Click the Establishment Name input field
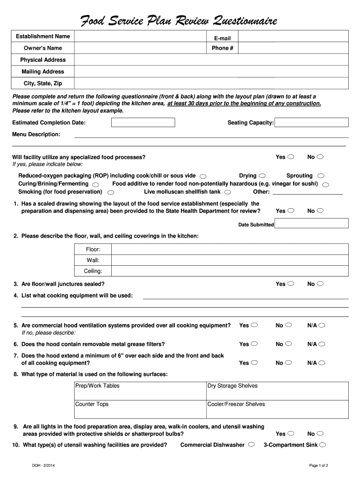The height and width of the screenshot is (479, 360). pos(140,36)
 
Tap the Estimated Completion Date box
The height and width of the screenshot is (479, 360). pos(143,123)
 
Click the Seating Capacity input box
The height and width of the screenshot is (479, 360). pos(311,123)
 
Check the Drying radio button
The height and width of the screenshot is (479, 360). pos(262,176)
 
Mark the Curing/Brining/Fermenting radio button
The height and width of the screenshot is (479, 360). pos(95,184)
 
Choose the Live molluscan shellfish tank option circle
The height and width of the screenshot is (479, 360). pos(227,192)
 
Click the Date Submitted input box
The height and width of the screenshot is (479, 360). pos(311,225)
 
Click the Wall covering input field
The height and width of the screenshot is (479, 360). pos(230,260)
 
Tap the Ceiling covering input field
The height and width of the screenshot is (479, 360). pos(230,271)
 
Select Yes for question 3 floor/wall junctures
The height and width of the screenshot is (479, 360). pos(291,284)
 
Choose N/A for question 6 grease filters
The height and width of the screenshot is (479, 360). pos(322,344)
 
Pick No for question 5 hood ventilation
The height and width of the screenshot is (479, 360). pos(288,326)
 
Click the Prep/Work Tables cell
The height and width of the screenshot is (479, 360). pos(140,391)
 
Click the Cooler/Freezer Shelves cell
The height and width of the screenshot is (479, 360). pos(277,409)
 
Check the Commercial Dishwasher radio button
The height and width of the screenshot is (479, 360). pos(252,445)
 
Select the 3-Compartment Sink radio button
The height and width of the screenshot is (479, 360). pos(323,445)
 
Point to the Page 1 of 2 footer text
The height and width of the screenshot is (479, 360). pos(319,465)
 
